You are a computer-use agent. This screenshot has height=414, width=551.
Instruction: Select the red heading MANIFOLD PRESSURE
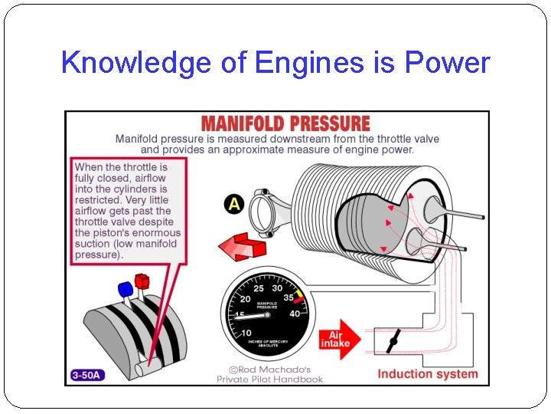(285, 123)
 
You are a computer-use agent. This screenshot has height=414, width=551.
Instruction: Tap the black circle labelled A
(234, 204)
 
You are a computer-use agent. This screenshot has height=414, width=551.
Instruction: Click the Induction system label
(427, 374)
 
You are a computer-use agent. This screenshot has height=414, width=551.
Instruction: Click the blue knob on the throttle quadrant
(126, 289)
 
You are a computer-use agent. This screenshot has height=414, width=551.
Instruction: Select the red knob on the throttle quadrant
(142, 281)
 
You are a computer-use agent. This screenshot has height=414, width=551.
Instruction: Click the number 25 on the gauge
(259, 289)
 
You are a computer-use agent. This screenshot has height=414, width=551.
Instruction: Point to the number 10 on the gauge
(246, 333)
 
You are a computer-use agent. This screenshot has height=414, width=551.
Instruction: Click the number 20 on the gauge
(245, 299)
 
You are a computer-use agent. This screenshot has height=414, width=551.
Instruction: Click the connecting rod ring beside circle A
(265, 210)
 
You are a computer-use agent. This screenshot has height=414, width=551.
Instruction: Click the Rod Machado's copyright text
(270, 366)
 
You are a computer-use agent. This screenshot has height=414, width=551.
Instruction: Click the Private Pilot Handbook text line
(269, 379)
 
